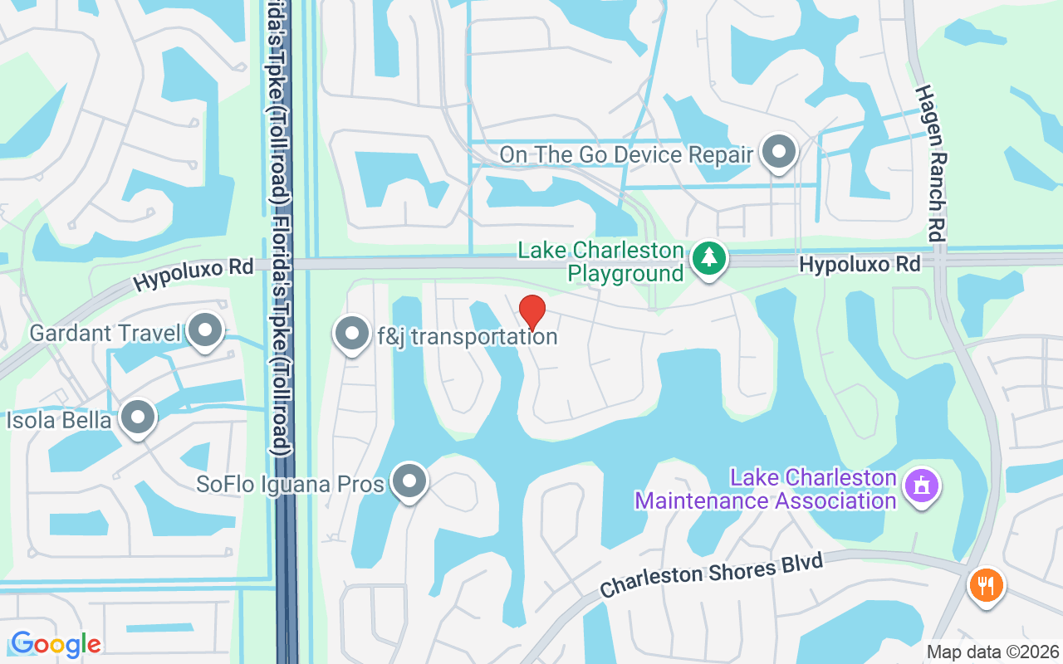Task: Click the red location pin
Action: [x=531, y=311]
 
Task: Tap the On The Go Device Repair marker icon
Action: [x=779, y=152]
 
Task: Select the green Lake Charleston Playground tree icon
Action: [x=708, y=258]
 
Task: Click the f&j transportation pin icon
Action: [x=351, y=334]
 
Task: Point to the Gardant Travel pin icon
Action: [x=204, y=330]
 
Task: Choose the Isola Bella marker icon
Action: [x=138, y=418]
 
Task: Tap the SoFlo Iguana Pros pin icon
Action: [x=409, y=481]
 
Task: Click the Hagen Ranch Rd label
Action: [x=933, y=162]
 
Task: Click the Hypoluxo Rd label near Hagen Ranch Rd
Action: [x=860, y=265]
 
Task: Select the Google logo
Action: [x=56, y=644]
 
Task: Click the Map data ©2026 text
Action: [x=992, y=652]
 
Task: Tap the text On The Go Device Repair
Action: [x=625, y=155]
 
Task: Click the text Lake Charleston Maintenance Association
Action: [x=766, y=490]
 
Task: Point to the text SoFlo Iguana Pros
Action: [x=291, y=484]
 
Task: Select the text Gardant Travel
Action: [x=105, y=334]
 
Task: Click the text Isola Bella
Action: [x=59, y=421]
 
